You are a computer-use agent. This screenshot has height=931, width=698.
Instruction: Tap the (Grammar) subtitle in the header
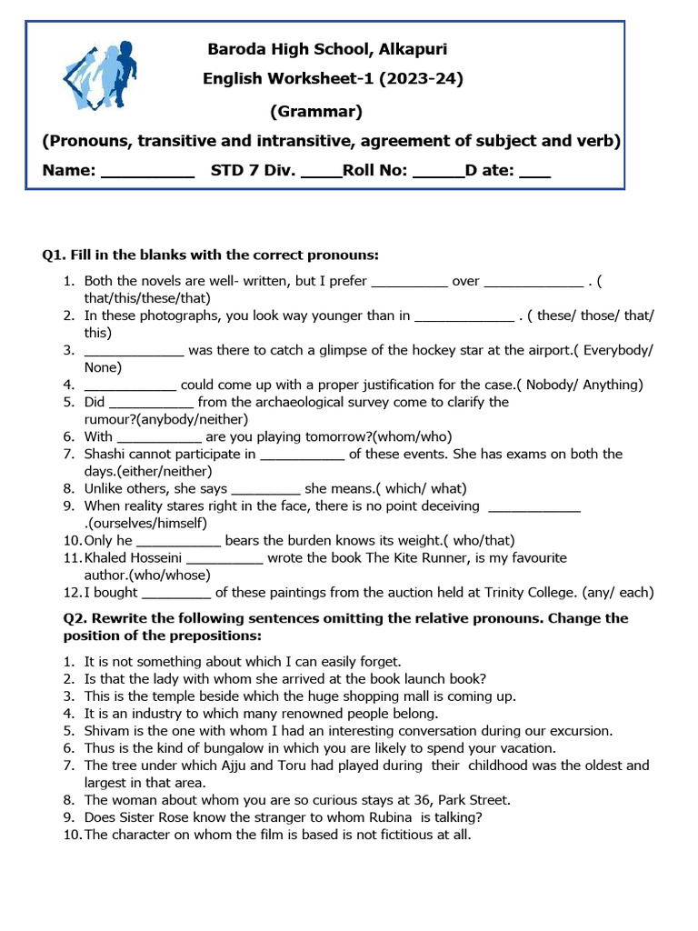coord(315,112)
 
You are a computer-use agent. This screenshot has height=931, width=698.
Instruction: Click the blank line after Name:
coord(146,173)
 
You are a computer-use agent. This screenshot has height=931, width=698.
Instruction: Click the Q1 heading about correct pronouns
coord(211,255)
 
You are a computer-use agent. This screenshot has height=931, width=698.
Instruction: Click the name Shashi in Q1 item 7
coord(105,454)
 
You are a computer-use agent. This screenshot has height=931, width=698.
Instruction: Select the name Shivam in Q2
coord(105,731)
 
